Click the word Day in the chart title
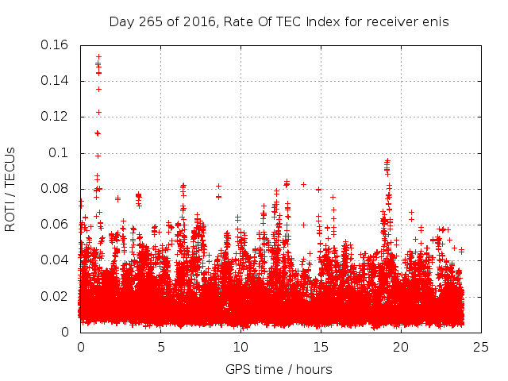click(121, 22)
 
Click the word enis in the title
click(436, 22)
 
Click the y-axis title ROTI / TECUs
click(10, 189)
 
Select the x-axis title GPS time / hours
click(279, 369)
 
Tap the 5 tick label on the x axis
click(160, 346)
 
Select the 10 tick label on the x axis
click(241, 346)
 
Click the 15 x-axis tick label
click(321, 346)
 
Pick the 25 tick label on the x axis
click(481, 346)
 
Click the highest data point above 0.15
click(98, 56)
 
